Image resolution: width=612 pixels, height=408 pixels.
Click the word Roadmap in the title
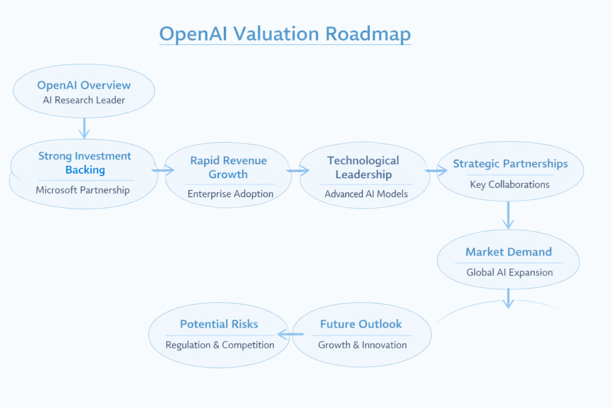click(x=368, y=34)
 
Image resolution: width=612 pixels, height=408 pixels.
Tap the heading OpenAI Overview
click(x=84, y=85)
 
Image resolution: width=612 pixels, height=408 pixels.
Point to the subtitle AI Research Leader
click(x=84, y=100)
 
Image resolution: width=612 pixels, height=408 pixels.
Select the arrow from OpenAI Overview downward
click(x=84, y=127)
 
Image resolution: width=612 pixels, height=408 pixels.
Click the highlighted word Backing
click(x=85, y=170)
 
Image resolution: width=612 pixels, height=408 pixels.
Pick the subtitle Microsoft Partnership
click(x=82, y=190)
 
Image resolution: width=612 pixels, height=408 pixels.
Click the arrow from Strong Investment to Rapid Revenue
click(x=162, y=170)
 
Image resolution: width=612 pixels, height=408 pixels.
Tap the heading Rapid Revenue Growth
click(x=228, y=167)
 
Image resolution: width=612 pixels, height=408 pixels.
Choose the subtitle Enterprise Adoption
click(x=230, y=194)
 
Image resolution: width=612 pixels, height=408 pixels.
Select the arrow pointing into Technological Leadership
click(x=298, y=171)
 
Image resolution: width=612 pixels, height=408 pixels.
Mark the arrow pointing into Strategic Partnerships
click(x=436, y=171)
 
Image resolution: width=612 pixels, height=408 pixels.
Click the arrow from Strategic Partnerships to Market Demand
click(x=508, y=215)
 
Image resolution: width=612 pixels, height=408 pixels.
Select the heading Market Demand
click(x=509, y=252)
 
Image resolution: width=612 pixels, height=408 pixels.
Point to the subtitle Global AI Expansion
click(x=509, y=272)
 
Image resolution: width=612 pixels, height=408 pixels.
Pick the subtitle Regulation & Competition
click(x=220, y=345)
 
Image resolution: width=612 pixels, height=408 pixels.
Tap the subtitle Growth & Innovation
click(x=362, y=345)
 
